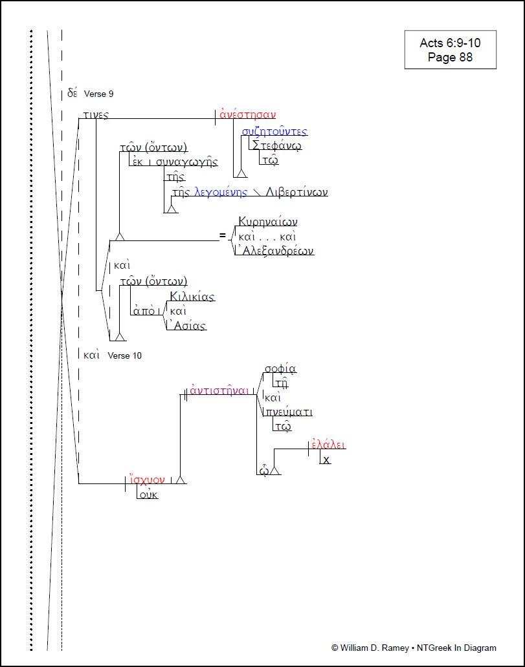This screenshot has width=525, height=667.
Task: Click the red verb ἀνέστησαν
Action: [x=248, y=115]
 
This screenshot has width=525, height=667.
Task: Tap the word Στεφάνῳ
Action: [x=277, y=145]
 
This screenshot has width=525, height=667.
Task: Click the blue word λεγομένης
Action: [x=221, y=192]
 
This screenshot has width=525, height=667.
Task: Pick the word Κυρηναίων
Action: [x=268, y=222]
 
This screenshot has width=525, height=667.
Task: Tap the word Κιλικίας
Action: [x=192, y=297]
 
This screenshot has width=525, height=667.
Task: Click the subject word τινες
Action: [x=95, y=115]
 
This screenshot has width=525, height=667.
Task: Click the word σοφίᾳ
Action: [x=280, y=369]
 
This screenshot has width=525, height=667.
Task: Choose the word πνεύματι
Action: [x=289, y=412]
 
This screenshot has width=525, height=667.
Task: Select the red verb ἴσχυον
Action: [x=147, y=480]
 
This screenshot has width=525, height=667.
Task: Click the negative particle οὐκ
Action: [x=148, y=494]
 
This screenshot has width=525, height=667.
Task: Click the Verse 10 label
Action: [x=124, y=355]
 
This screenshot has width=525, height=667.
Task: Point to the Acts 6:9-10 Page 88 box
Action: [x=450, y=50]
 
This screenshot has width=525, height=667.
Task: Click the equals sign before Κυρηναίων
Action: [x=223, y=236]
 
